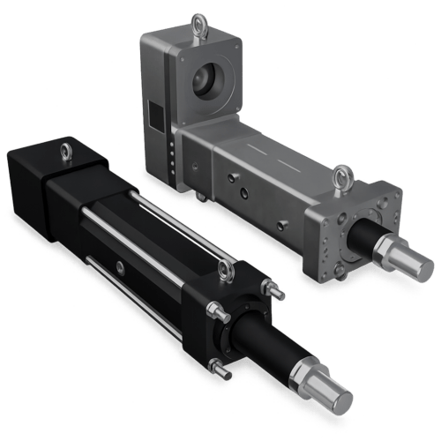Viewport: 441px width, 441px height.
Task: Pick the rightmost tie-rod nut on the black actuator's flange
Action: tap(276, 291)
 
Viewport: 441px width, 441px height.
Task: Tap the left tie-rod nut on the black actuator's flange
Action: tap(213, 310)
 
